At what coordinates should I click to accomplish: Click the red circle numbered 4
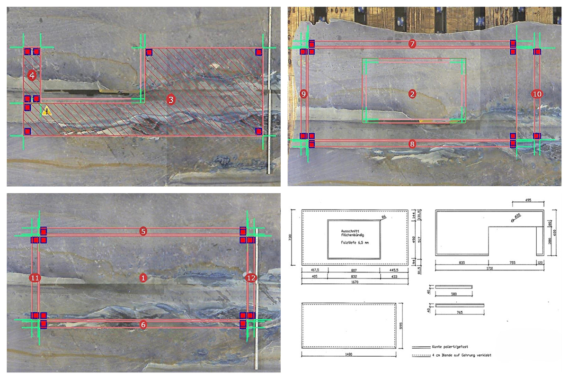pos(32,75)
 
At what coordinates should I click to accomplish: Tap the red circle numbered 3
pos(171,99)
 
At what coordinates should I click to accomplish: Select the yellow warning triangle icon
pos(46,111)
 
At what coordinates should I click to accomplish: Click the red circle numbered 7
pos(412,44)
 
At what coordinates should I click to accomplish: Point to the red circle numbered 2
pos(412,94)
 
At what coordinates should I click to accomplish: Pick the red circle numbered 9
pos(304,94)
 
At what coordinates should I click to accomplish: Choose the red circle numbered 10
pos(537,94)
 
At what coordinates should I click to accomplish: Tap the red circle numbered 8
pos(412,143)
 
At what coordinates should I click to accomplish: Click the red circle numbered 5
pos(142,231)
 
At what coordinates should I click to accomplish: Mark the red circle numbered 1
pos(142,278)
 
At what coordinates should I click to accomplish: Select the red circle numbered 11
pos(34,278)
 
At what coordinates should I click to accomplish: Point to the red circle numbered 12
pos(251,278)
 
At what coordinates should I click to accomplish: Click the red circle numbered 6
pos(142,325)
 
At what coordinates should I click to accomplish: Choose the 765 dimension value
pos(459,312)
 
